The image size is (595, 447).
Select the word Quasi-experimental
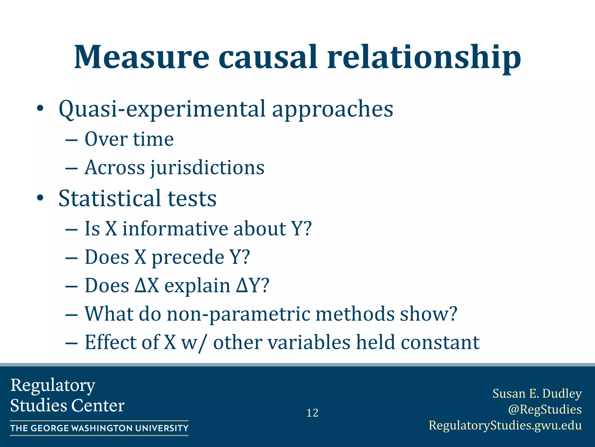[162, 109]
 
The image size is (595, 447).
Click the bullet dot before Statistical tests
[40, 198]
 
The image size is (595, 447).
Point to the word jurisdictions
[207, 168]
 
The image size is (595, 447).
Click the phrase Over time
[129, 139]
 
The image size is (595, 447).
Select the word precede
[188, 257]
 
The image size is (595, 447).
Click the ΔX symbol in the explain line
[147, 285]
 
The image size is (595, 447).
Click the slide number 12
[312, 413]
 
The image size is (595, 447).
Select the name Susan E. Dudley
[537, 393]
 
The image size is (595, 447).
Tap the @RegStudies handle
[545, 409]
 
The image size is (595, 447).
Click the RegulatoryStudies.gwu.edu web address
[505, 425]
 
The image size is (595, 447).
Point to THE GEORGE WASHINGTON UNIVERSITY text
[99, 428]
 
